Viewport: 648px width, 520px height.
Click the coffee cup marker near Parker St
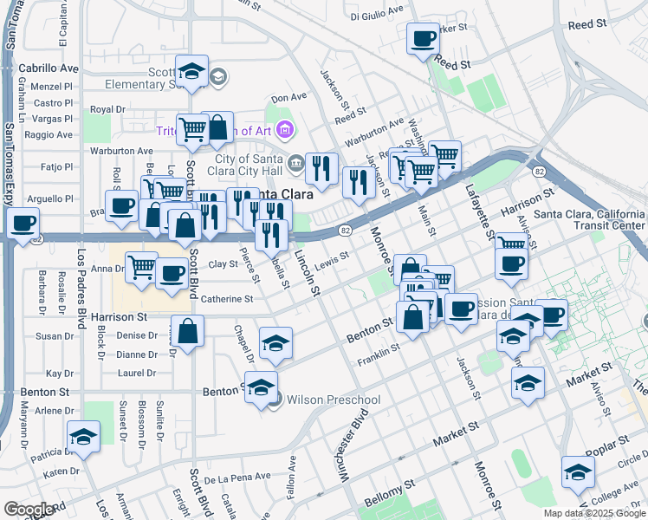(x=422, y=39)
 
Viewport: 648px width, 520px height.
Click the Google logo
(x=28, y=509)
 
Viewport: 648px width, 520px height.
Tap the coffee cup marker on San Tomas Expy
(x=23, y=224)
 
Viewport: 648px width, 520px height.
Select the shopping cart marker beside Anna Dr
(x=142, y=266)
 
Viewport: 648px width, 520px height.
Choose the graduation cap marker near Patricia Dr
(x=83, y=437)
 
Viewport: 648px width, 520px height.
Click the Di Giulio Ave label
(x=377, y=16)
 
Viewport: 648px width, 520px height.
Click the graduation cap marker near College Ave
(x=578, y=472)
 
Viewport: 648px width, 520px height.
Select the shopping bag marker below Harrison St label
(x=187, y=331)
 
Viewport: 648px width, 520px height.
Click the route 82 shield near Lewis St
(x=345, y=231)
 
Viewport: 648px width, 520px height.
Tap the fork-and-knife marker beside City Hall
(x=321, y=168)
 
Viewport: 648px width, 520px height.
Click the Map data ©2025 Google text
(x=593, y=512)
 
